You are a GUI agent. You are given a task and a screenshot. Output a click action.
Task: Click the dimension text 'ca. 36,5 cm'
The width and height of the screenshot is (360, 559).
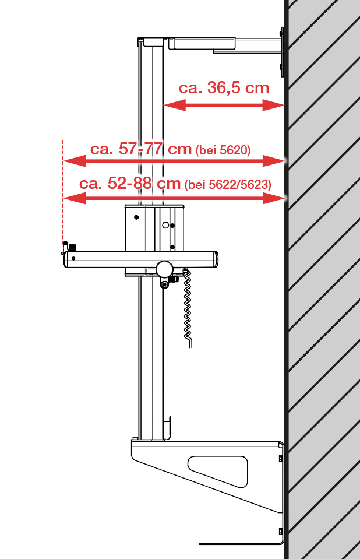pyautogui.click(x=224, y=87)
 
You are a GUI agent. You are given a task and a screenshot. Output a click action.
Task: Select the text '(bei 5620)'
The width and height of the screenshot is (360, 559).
pyautogui.click(x=223, y=150)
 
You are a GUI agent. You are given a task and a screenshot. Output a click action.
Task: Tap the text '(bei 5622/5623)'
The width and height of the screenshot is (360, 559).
pyautogui.click(x=228, y=184)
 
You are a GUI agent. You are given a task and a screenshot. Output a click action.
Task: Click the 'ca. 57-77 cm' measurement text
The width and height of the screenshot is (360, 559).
pyautogui.click(x=141, y=149)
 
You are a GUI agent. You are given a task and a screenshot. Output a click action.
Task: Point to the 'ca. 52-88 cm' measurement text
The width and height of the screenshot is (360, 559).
pyautogui.click(x=130, y=183)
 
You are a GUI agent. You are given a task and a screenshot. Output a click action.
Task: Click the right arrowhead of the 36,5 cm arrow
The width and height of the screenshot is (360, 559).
pyautogui.click(x=273, y=105)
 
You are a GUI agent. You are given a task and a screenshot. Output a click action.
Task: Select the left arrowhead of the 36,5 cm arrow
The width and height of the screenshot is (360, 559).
pyautogui.click(x=174, y=105)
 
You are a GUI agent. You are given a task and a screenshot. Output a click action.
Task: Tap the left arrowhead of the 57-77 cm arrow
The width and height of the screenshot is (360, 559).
pyautogui.click(x=74, y=161)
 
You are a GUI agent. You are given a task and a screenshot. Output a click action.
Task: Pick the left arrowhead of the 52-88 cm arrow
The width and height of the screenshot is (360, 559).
pyautogui.click(x=74, y=198)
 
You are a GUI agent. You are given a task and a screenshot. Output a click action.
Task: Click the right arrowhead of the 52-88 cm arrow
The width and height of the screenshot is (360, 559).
pyautogui.click(x=274, y=198)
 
